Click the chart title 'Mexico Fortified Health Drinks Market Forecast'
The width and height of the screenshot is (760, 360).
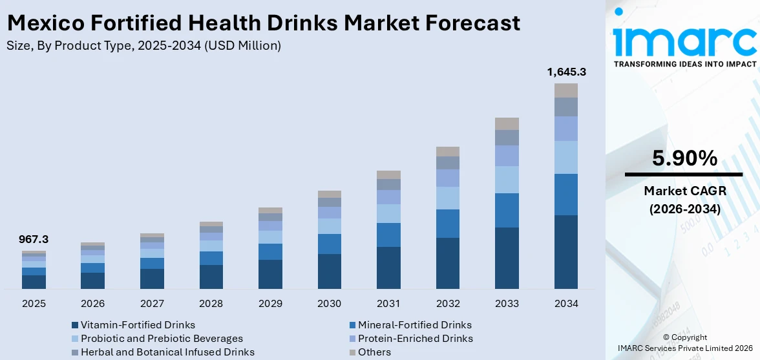262,23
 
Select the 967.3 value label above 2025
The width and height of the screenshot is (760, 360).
34,239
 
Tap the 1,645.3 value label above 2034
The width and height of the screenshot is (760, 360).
566,72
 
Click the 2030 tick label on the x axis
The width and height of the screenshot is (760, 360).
330,303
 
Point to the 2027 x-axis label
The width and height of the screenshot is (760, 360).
152,303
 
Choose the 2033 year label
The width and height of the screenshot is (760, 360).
507,303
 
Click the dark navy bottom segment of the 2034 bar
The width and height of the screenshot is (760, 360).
566,252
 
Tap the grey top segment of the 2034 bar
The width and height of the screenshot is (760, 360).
566,90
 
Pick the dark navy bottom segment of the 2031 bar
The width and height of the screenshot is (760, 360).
388,268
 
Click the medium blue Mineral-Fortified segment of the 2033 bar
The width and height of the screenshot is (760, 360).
507,210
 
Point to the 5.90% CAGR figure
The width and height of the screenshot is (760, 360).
684,158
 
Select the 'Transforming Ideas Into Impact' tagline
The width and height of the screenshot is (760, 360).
684,64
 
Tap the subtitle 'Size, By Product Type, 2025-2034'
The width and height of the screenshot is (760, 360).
143,45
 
